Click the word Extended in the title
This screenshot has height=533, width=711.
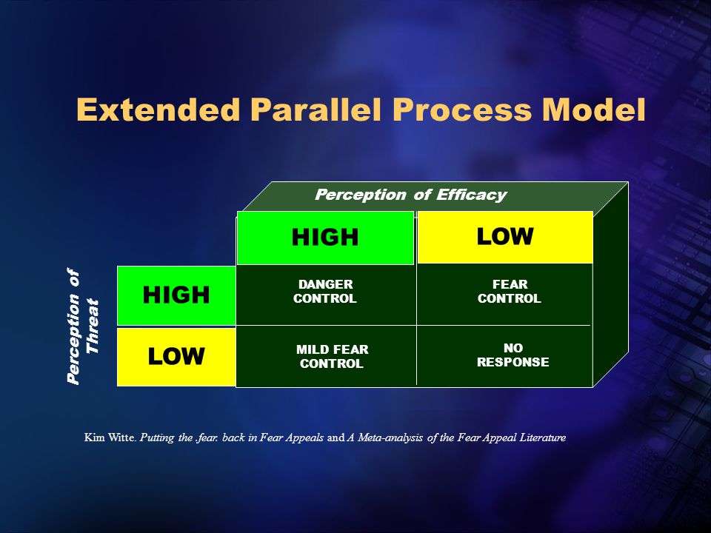click(x=158, y=110)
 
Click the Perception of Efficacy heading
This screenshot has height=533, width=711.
click(x=410, y=195)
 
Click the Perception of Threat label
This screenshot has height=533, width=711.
click(x=82, y=326)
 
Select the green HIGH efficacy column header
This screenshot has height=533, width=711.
click(x=325, y=238)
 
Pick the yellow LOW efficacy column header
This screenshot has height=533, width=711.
click(x=505, y=237)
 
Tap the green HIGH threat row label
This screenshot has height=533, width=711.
click(x=176, y=295)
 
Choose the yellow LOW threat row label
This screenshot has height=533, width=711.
click(x=176, y=357)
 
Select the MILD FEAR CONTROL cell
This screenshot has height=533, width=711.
click(x=332, y=356)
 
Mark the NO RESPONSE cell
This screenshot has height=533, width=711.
click(x=513, y=355)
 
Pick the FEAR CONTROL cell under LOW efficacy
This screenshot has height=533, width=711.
click(x=510, y=292)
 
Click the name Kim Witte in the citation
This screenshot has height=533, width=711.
click(x=110, y=438)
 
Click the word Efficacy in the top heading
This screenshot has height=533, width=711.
click(x=472, y=195)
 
